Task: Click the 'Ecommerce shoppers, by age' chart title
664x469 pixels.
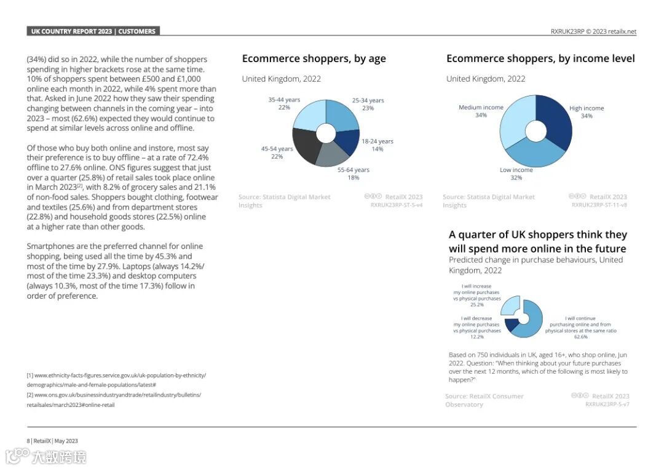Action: (314, 59)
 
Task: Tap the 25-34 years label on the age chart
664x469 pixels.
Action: (368, 104)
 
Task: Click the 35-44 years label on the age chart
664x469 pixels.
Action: (284, 103)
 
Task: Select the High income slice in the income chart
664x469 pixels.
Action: (556, 120)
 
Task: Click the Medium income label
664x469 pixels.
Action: (481, 111)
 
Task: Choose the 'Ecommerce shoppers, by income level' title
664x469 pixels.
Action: (540, 59)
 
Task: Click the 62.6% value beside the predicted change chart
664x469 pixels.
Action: (580, 337)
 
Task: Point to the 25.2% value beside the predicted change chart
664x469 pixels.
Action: (476, 304)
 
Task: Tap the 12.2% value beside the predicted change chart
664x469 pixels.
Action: (476, 337)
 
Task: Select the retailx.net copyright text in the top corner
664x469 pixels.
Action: (593, 32)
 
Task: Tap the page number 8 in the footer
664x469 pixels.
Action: (28, 441)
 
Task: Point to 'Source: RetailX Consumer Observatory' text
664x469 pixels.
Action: (484, 400)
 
